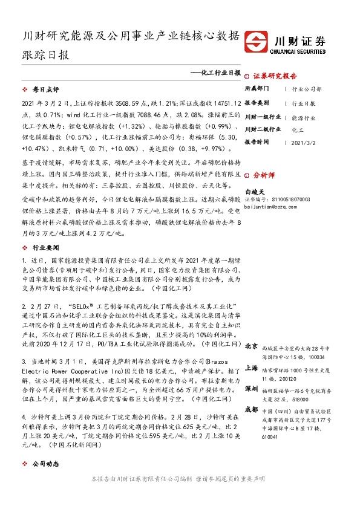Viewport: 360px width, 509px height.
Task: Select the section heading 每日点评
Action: click(44, 89)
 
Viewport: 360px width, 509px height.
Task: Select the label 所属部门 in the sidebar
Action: click(258, 89)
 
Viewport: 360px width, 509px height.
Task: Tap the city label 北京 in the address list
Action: click(251, 347)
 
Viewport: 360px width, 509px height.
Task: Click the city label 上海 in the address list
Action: click(251, 368)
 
